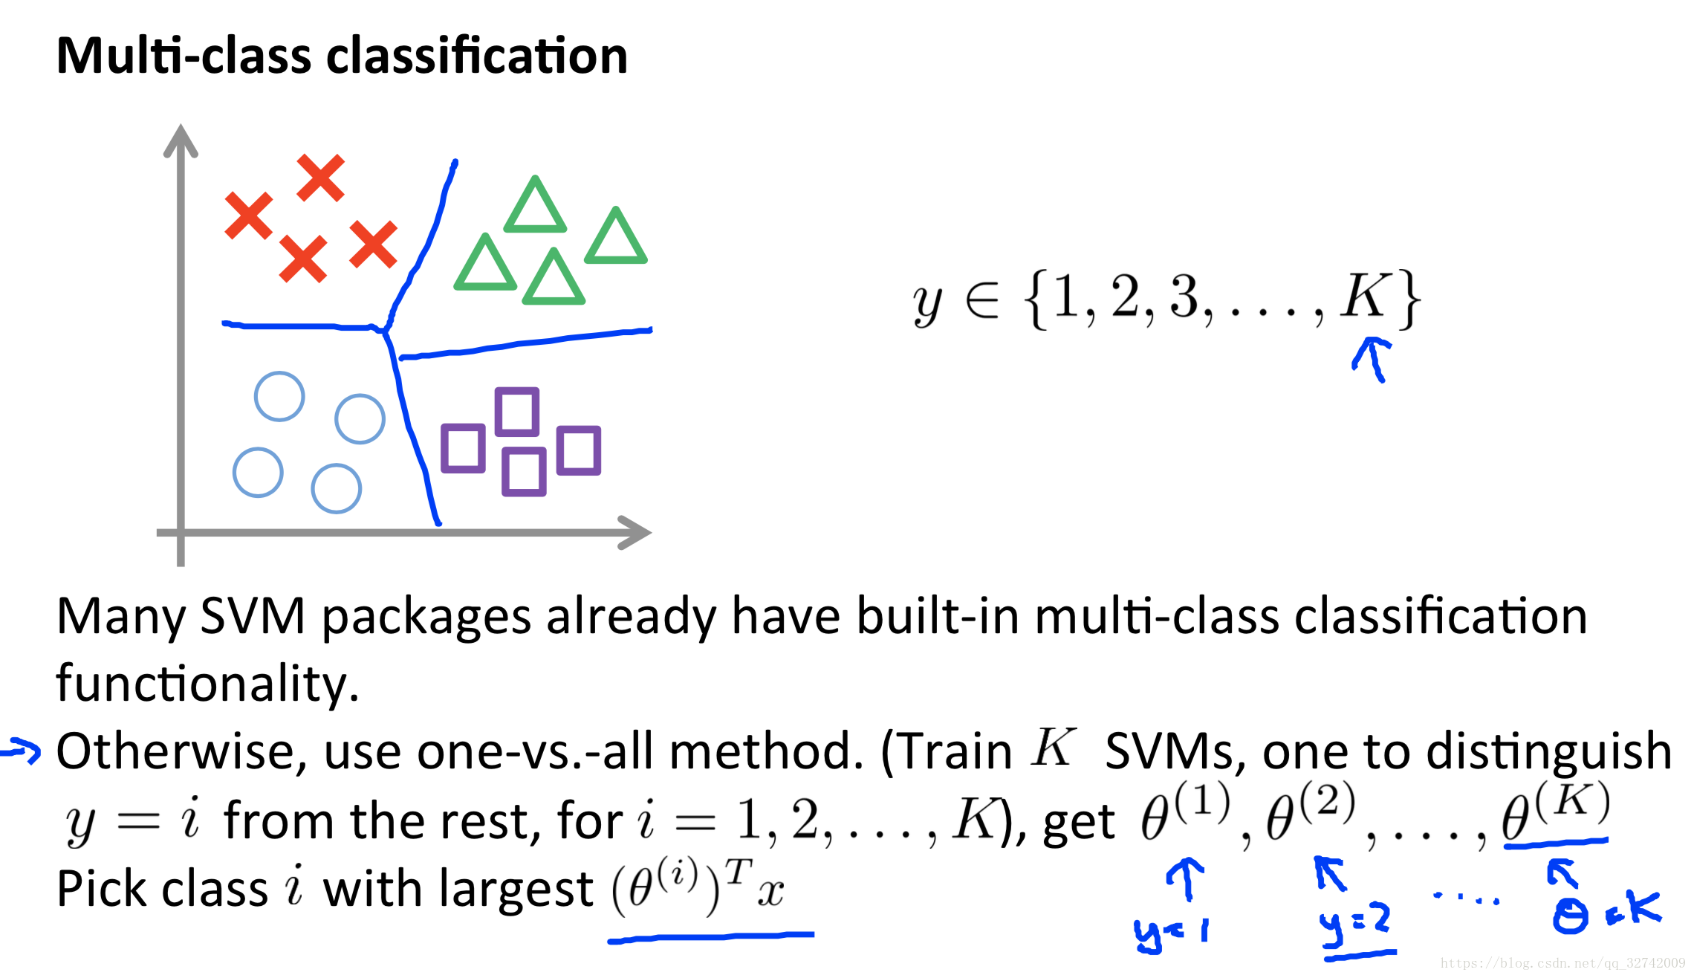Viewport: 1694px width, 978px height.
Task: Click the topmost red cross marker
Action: click(x=320, y=178)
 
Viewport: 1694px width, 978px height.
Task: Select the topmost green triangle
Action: click(x=535, y=206)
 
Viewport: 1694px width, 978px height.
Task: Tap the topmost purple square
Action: click(x=517, y=411)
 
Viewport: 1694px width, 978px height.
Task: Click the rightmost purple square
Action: click(x=579, y=450)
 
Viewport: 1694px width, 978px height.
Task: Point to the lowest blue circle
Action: click(x=337, y=489)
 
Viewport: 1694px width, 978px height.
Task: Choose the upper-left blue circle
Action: click(x=279, y=396)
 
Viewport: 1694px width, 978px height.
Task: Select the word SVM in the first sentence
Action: click(x=253, y=617)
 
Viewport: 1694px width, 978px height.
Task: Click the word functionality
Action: click(x=207, y=684)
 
